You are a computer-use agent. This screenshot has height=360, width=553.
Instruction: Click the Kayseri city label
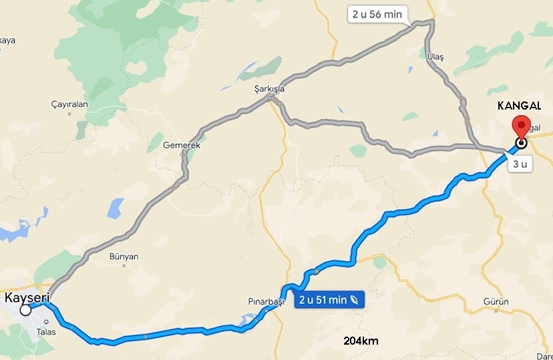tap(27, 297)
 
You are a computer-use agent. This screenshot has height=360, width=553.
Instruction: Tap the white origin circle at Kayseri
tap(25, 310)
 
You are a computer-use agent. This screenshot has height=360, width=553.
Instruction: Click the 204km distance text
tap(361, 341)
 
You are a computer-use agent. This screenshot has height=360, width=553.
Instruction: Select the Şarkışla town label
tap(269, 88)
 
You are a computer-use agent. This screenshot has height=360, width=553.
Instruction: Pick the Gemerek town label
tap(181, 144)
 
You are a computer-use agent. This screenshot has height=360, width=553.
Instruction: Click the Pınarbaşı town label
tap(266, 302)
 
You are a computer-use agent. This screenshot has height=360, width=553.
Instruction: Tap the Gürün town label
tap(496, 302)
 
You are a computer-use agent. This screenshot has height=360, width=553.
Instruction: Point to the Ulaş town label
tap(435, 57)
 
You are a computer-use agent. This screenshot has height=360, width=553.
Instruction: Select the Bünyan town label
tap(124, 256)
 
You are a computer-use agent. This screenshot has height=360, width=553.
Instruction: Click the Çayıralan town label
tap(69, 104)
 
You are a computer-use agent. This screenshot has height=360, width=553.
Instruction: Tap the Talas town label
tap(46, 331)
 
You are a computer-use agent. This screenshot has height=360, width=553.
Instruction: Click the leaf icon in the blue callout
tap(351, 301)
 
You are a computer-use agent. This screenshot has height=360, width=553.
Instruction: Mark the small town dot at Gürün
tap(496, 311)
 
